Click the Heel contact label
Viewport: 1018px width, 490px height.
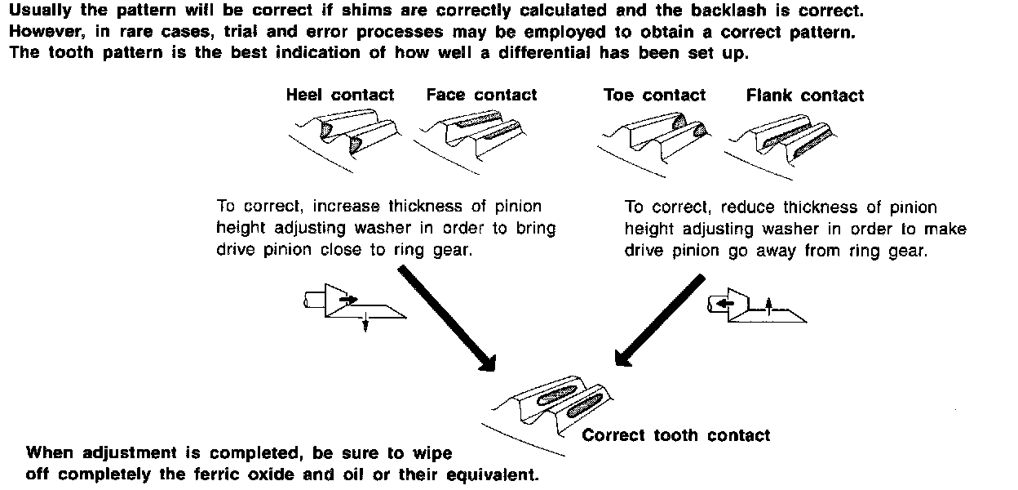[x=339, y=95]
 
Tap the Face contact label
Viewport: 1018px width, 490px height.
[x=481, y=95]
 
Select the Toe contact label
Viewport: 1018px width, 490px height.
[x=654, y=95]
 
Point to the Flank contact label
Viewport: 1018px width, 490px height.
[x=804, y=96]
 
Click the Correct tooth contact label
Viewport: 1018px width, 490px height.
[x=675, y=434]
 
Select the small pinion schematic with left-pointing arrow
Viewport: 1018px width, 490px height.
[x=755, y=305]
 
